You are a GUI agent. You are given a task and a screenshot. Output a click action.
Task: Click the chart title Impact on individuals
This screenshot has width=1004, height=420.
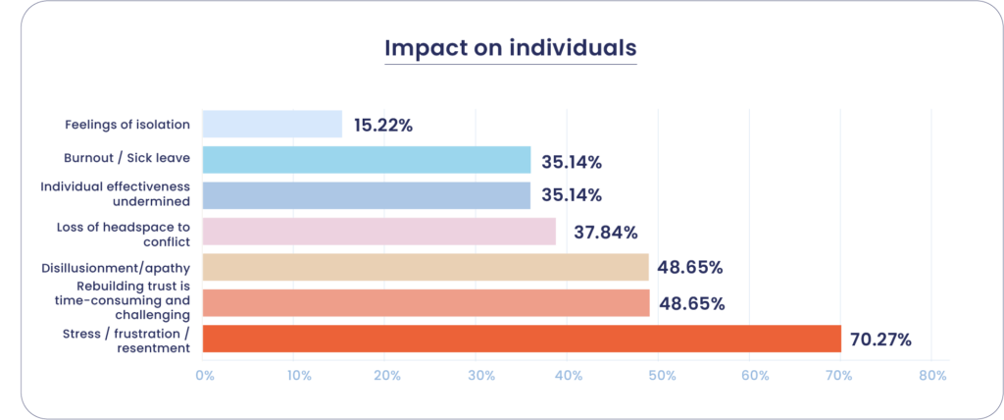(x=510, y=48)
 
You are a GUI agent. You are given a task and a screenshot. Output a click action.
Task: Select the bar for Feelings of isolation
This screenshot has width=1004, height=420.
(x=273, y=125)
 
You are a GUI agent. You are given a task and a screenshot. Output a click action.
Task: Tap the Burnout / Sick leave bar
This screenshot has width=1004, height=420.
(x=367, y=160)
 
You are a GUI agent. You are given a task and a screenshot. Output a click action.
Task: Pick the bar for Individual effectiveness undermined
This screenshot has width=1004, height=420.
(x=367, y=195)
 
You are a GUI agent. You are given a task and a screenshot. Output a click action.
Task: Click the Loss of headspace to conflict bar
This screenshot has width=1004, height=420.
(x=379, y=232)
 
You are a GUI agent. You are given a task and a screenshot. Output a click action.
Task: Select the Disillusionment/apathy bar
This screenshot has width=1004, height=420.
(x=426, y=267)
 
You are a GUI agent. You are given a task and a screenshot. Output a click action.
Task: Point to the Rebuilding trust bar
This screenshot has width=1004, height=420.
(x=426, y=302)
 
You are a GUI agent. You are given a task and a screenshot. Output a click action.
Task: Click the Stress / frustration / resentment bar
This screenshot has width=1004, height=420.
(x=522, y=339)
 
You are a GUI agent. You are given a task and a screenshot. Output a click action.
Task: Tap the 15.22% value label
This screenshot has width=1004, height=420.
(x=383, y=126)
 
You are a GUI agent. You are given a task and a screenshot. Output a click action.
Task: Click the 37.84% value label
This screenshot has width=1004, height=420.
(x=605, y=233)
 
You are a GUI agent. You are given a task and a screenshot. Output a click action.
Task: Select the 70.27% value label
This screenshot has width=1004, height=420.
(x=879, y=341)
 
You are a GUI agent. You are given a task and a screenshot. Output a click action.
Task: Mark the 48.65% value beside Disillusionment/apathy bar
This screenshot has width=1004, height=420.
(x=691, y=268)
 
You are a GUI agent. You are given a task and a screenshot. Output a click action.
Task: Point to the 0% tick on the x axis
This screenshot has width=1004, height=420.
(x=205, y=375)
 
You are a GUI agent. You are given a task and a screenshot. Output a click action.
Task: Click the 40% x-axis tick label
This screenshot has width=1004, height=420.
(x=569, y=375)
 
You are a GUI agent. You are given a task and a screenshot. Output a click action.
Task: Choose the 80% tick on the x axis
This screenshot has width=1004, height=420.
(x=932, y=375)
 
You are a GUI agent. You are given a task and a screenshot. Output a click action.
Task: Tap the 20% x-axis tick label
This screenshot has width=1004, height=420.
(x=387, y=375)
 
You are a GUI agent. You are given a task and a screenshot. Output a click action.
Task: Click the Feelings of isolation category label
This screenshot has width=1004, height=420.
(x=127, y=125)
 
